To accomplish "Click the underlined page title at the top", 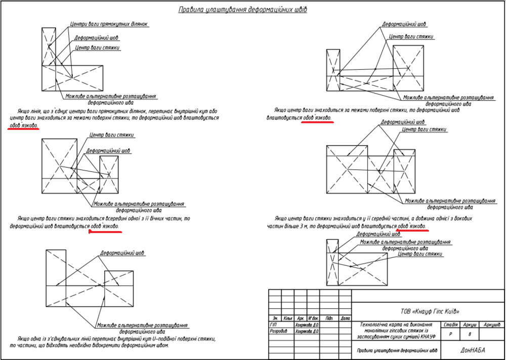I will pos(243,10).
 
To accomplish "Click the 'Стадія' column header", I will pos(450,325).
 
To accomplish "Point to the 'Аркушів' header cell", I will pos(491,325).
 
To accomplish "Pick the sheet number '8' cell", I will pos(470,334).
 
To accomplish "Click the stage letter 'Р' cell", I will pos(450,334).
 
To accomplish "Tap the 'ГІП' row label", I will pos(274,325).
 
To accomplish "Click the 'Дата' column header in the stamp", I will pos(345,319).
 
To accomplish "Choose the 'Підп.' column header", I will pos(329,319).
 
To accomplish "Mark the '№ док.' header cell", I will pos(313,319).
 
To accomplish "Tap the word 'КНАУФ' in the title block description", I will pos(423,336).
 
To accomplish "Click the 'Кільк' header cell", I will pos(288,319).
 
